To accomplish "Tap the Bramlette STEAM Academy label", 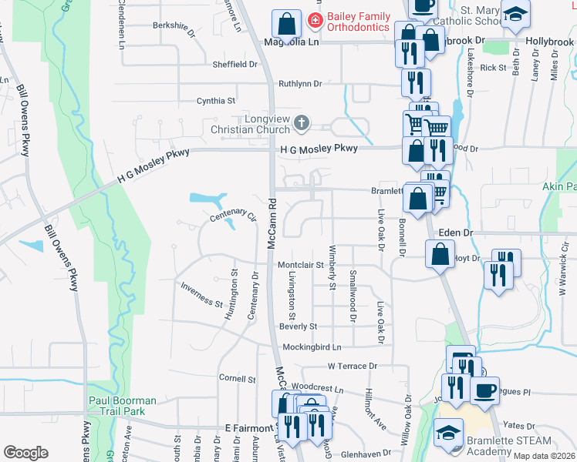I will click(x=509, y=446).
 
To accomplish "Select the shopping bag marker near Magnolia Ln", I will click(x=287, y=25).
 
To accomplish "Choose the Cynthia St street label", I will click(x=216, y=101).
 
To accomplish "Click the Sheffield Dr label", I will click(x=236, y=65).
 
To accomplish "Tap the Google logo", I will click(x=25, y=453).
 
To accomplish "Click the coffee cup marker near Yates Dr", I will click(x=484, y=390).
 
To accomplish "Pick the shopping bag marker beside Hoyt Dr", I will click(x=439, y=255).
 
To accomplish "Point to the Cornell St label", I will click(x=237, y=379).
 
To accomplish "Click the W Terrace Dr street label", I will click(x=353, y=366).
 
